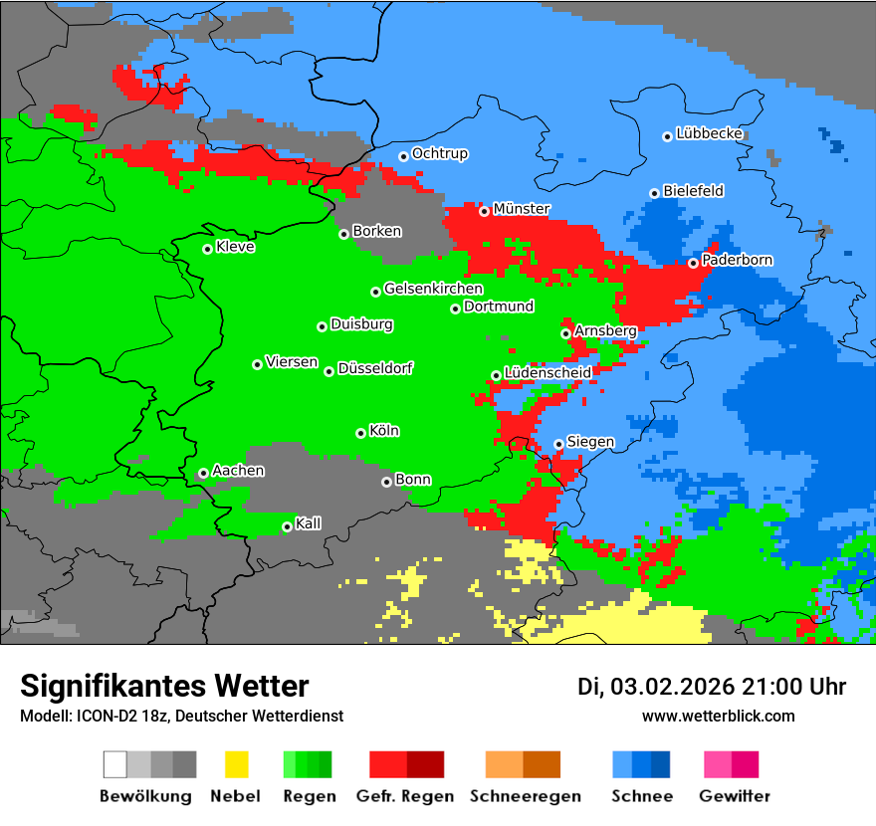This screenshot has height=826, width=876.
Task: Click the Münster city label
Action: click(522, 209)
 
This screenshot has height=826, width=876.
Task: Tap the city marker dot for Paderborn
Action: click(693, 263)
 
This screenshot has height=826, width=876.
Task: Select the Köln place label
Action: click(384, 431)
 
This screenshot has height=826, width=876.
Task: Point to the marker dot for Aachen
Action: click(203, 474)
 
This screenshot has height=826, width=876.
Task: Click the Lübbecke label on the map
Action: click(710, 133)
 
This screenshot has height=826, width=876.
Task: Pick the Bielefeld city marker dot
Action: click(654, 193)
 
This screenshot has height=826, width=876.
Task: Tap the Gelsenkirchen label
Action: click(433, 289)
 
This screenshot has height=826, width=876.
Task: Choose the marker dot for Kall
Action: click(287, 526)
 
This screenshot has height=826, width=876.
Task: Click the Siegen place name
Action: click(590, 441)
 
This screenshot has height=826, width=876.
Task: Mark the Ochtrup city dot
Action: click(403, 156)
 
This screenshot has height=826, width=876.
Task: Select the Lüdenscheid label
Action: click(547, 372)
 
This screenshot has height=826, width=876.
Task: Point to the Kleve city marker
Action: click(207, 249)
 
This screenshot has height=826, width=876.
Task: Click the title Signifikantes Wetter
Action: click(164, 686)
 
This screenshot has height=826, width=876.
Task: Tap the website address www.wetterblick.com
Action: click(718, 716)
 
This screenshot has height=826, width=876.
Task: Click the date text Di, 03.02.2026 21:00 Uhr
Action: click(712, 687)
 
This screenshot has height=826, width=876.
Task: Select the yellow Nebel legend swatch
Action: click(236, 764)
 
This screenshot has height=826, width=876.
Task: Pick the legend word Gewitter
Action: click(735, 796)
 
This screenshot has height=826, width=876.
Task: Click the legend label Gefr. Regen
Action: click(405, 796)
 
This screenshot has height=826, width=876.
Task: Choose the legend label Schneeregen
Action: click(523, 796)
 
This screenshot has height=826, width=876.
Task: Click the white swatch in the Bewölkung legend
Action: click(115, 764)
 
